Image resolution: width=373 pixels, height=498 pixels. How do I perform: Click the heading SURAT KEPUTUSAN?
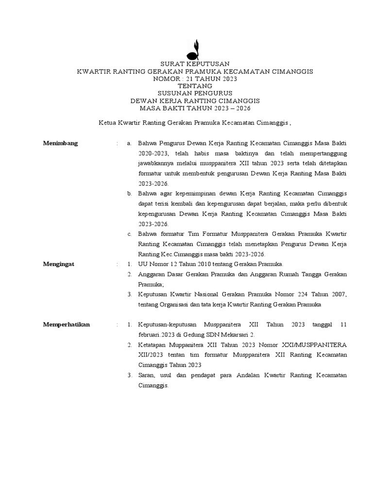point(192,64)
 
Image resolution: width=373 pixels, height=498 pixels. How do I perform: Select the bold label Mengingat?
point(60,264)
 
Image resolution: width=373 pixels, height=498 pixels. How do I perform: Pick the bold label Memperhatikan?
point(67,324)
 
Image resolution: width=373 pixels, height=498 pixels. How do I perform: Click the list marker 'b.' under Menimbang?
point(130,194)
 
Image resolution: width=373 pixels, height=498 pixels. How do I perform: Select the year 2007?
point(338,294)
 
